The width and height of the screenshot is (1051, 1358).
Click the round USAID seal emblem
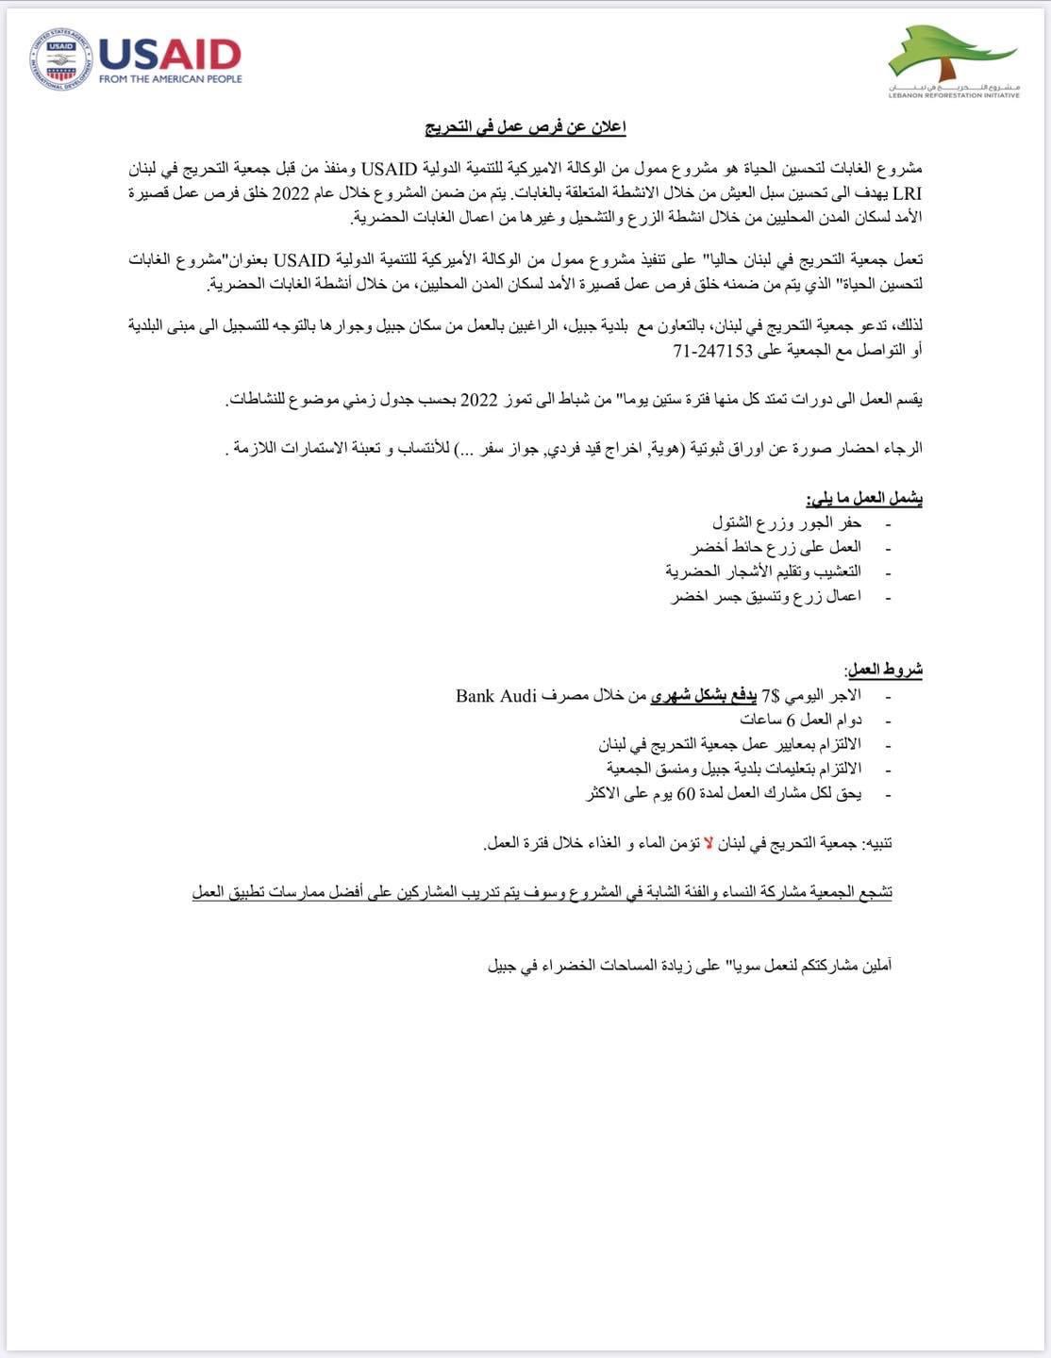click(x=61, y=59)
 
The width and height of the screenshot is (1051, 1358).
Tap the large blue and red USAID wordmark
click(x=170, y=54)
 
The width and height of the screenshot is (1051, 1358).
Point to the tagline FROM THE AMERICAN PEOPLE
click(x=170, y=79)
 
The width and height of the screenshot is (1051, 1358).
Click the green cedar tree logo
click(x=949, y=55)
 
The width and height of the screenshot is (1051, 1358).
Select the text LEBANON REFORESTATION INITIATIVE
click(x=954, y=94)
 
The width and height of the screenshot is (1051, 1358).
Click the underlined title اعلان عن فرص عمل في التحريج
click(x=525, y=127)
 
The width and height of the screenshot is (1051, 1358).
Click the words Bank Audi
click(x=496, y=696)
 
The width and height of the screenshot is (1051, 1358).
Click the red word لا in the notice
click(x=710, y=843)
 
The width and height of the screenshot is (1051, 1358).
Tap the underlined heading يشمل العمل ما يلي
click(x=863, y=497)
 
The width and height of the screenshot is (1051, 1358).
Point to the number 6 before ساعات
click(x=791, y=720)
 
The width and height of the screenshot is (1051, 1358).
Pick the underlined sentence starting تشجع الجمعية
click(x=542, y=892)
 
